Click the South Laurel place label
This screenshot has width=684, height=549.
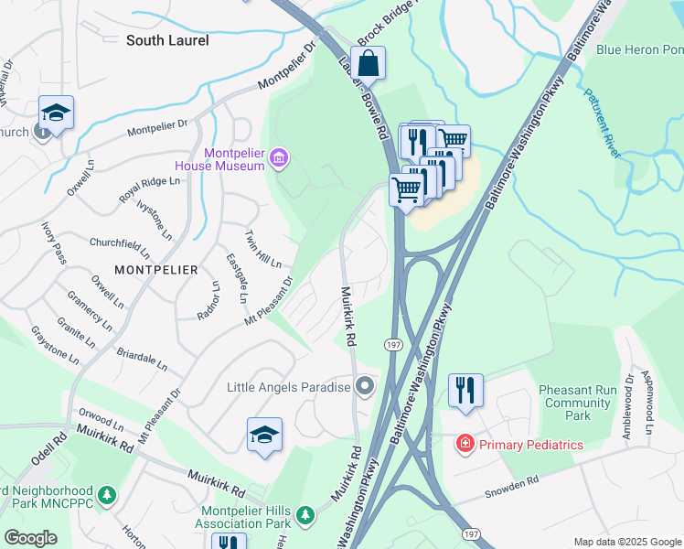[167, 40]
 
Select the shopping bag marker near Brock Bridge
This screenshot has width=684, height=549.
[368, 64]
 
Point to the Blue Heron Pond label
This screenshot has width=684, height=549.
[639, 49]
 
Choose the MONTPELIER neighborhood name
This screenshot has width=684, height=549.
[155, 269]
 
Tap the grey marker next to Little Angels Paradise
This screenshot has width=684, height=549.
[365, 387]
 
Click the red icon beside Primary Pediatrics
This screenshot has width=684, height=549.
[465, 444]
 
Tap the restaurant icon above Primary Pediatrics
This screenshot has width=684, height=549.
[465, 391]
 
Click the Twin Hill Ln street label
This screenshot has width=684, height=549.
[263, 248]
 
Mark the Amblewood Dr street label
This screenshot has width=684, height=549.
[628, 407]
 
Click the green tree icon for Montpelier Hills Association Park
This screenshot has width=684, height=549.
[308, 511]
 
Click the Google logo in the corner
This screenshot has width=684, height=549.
[31, 538]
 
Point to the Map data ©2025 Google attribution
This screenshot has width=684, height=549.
[627, 542]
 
